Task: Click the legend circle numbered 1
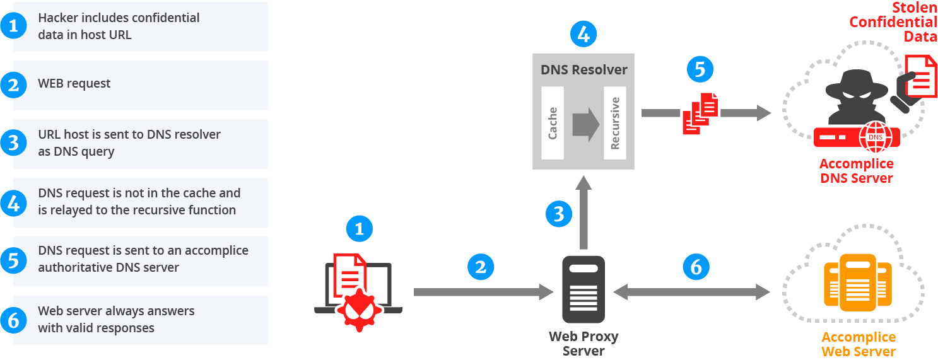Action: (x=13, y=26)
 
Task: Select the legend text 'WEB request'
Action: (x=74, y=83)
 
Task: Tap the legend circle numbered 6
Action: (x=13, y=320)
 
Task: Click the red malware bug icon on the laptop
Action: (x=358, y=308)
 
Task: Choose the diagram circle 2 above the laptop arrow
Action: (x=481, y=267)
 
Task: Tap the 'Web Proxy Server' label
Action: (x=583, y=344)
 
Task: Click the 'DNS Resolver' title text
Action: (x=584, y=69)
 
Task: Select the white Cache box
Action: (x=553, y=123)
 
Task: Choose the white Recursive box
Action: (x=614, y=123)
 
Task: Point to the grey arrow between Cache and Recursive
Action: (x=585, y=124)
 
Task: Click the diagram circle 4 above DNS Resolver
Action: (x=583, y=34)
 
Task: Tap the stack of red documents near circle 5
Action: (x=700, y=113)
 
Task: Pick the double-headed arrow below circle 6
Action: (x=692, y=292)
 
